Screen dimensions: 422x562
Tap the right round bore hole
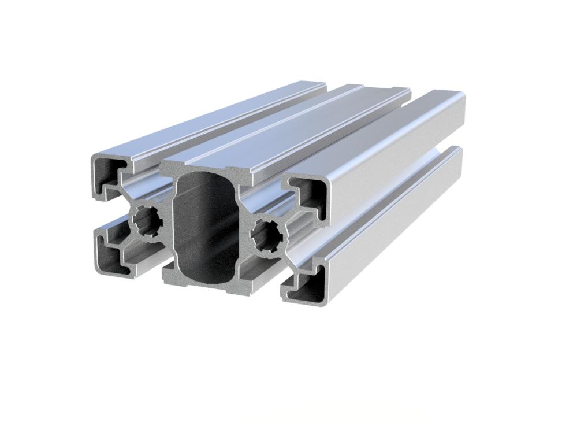click(266, 234)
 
